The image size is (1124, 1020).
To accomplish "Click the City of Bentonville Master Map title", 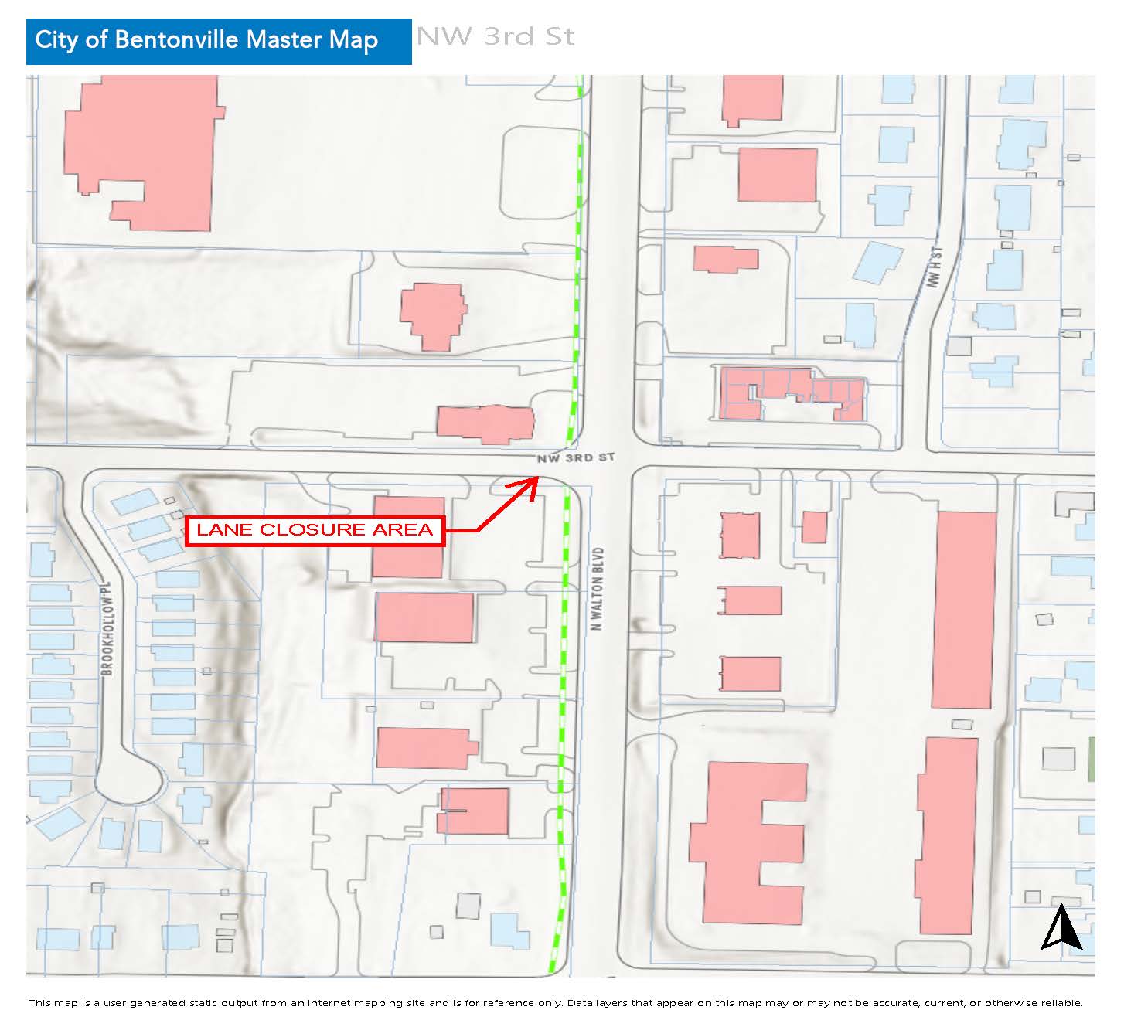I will [x=206, y=40].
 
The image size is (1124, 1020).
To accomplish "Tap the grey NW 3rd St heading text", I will [x=496, y=36].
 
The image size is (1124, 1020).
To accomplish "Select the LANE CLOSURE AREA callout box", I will [x=315, y=530].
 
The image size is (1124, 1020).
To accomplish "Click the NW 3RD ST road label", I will [x=577, y=458].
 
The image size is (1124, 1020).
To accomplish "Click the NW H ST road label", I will [x=935, y=267].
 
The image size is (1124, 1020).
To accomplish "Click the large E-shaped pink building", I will [x=746, y=841].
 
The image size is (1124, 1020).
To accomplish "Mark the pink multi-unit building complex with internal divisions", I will [x=792, y=393].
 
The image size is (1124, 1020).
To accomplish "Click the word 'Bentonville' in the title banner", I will [x=177, y=40].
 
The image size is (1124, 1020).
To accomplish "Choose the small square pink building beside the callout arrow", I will [x=814, y=527].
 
